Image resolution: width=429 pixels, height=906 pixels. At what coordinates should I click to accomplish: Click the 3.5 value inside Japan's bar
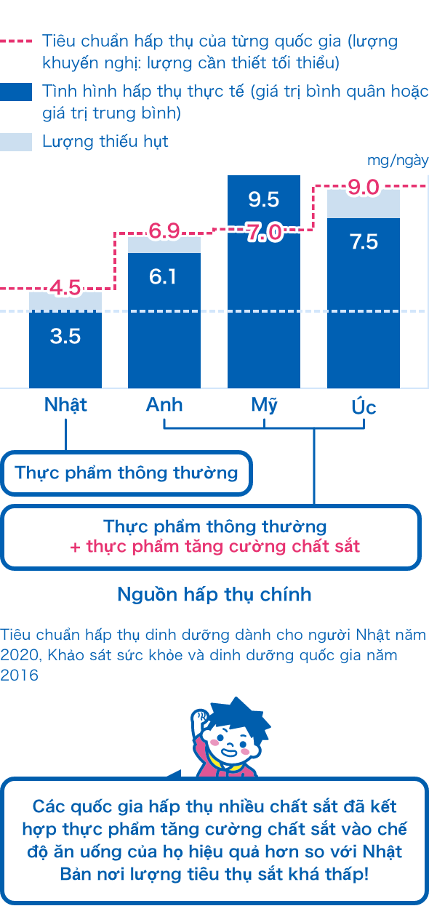pos(65,336)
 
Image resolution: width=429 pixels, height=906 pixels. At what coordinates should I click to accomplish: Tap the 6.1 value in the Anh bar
pos(163,276)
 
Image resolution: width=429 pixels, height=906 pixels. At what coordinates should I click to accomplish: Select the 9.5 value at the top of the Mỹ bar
pos(264,199)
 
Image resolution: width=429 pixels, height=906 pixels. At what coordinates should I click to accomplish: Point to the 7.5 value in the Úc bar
pos(364,242)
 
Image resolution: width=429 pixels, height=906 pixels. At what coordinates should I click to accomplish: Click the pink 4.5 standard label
pos(65,287)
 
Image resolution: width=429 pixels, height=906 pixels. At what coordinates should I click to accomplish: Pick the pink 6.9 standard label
pos(164,231)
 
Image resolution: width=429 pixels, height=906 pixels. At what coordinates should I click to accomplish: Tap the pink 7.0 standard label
pos(264,233)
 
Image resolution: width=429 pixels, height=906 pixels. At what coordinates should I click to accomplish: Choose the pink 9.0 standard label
pos(364,188)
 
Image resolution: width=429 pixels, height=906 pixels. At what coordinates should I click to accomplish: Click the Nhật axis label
pos(65,404)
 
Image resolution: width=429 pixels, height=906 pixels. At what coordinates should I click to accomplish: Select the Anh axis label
pos(164,404)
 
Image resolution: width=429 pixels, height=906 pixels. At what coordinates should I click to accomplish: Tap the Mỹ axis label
pos(264,405)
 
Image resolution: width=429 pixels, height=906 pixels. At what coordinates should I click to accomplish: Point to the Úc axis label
pos(364,406)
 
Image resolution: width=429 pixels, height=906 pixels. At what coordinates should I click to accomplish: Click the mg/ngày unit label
pos(398,161)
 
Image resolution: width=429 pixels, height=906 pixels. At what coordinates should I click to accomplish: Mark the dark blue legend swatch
pos(16,92)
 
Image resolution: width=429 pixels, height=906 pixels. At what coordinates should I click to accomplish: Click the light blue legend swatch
pos(16,142)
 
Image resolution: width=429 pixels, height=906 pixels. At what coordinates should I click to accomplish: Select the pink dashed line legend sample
pos(16,41)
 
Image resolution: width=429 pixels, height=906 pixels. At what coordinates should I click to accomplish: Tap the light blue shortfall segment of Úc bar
pos(364,204)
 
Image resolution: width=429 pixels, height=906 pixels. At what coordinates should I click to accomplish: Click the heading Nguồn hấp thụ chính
pos(214,595)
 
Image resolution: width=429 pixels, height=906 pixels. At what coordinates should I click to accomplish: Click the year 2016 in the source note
pos(19,675)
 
